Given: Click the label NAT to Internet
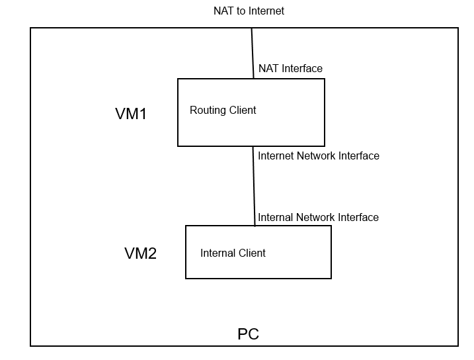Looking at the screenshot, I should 249,11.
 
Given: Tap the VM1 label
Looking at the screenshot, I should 131,114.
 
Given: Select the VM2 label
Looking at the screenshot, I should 140,253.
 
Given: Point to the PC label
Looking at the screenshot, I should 248,334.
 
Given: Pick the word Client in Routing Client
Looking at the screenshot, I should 242,111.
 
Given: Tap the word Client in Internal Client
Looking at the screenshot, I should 252,253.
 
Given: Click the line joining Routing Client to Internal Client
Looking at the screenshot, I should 254,186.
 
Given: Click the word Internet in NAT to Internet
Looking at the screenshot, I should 266,11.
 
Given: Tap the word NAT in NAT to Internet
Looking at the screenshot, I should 223,11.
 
